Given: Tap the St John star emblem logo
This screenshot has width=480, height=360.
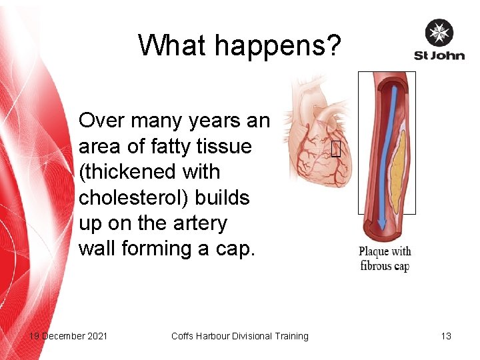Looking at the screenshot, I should coord(439,33).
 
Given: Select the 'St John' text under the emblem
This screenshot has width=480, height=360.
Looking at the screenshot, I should coord(439,55).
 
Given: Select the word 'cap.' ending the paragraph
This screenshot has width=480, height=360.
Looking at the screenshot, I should coord(236,249).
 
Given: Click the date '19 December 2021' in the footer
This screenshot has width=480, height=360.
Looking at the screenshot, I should coord(68,336).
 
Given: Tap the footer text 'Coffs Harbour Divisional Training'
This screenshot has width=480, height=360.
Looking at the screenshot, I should coord(240,336).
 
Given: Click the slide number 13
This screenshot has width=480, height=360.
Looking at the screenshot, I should coord(446,336).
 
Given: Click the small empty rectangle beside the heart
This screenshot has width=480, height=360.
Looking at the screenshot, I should coord(335,150).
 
